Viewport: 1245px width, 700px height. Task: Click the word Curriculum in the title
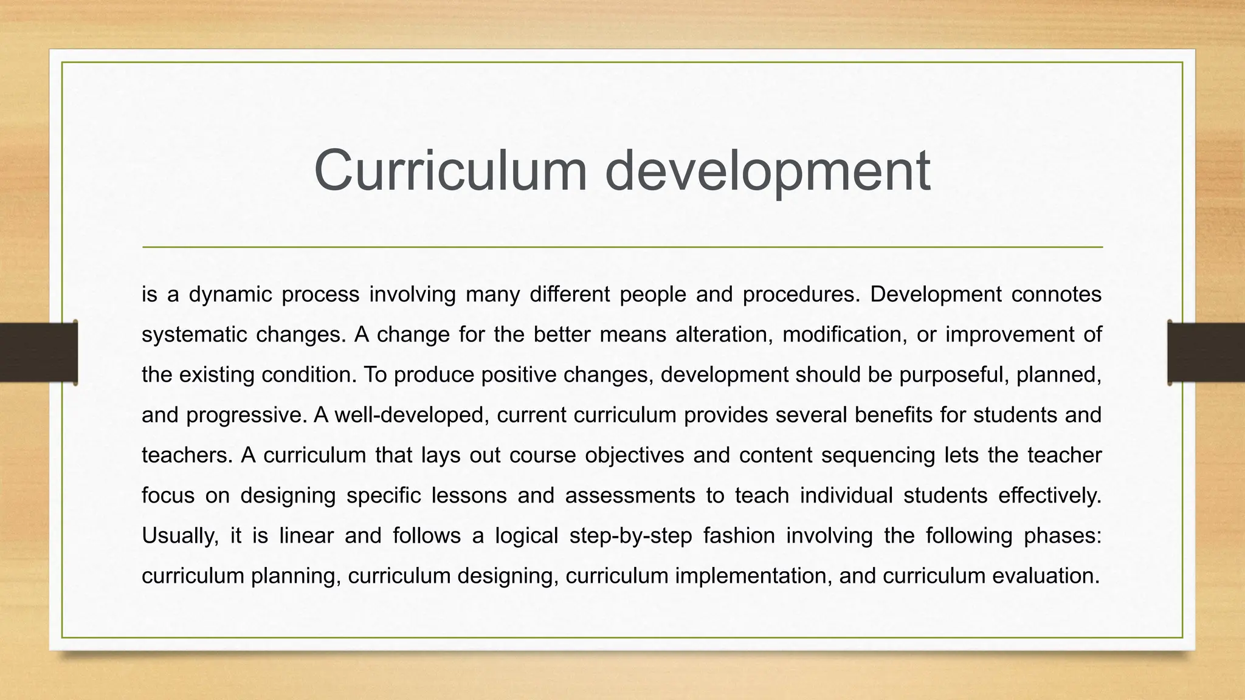[450, 171]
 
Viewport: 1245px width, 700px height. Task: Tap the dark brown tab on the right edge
[1206, 352]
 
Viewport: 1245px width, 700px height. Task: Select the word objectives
[635, 455]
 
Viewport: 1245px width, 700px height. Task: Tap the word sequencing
[878, 455]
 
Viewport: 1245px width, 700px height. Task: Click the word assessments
[630, 495]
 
